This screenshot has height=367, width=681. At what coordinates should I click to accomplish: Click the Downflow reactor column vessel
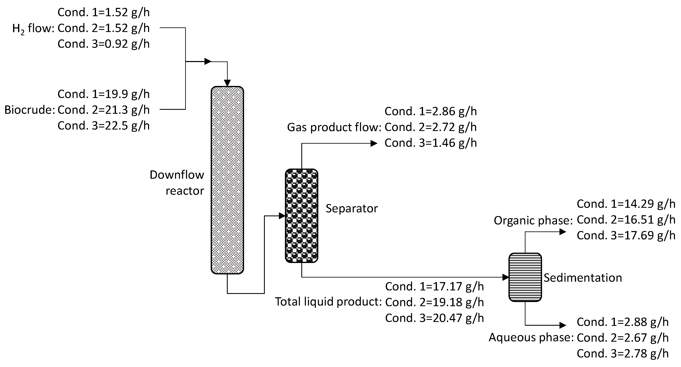click(x=227, y=180)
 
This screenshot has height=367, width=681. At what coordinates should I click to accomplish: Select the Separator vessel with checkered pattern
click(x=301, y=216)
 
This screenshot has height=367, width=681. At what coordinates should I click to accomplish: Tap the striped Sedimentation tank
click(x=525, y=277)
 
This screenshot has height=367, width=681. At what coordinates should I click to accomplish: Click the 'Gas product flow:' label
click(x=334, y=127)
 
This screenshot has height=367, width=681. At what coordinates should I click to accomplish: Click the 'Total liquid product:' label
click(x=328, y=302)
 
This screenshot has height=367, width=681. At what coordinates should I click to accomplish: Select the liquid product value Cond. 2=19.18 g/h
click(x=434, y=302)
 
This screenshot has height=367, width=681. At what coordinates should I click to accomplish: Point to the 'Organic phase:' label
click(x=533, y=220)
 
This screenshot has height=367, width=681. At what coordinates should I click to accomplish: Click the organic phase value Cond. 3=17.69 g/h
click(x=626, y=235)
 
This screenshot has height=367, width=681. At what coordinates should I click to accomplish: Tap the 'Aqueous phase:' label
click(x=531, y=337)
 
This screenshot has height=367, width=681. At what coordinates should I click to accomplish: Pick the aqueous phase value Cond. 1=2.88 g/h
click(x=623, y=322)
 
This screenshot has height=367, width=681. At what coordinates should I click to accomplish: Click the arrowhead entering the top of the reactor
click(x=227, y=83)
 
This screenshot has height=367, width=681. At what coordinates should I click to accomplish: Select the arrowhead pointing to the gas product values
click(x=374, y=143)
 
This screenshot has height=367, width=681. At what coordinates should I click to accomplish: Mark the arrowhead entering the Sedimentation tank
click(x=506, y=277)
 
